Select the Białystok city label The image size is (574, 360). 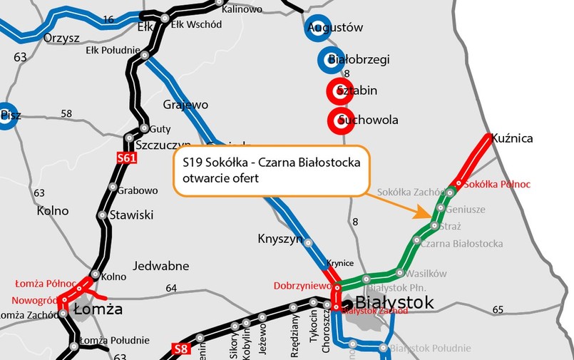391,303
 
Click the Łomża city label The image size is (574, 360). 98,309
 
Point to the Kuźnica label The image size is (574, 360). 513,138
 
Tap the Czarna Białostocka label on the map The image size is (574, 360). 461,244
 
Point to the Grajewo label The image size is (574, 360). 185,105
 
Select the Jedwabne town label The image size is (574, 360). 165,266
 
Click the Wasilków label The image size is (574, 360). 427,273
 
